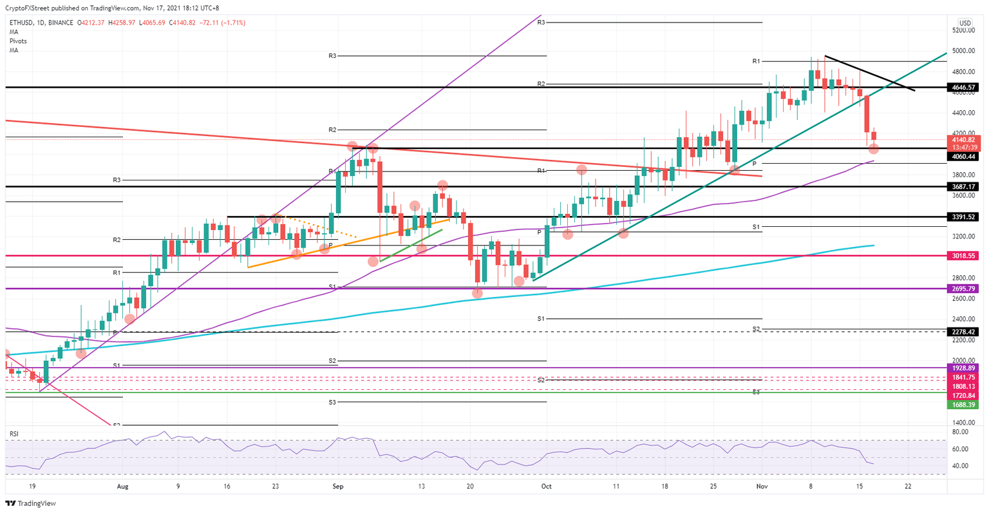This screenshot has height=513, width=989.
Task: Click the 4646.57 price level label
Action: (964, 86)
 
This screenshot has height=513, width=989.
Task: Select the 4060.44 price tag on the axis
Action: (964, 157)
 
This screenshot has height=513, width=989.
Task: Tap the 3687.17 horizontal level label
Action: (964, 186)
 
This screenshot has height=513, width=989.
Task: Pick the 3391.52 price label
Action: (964, 217)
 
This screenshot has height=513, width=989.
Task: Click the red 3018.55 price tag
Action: (964, 256)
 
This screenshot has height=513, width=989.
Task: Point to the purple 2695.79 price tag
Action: (964, 289)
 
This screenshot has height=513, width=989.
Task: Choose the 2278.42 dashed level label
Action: (964, 332)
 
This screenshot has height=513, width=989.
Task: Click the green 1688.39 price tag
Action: (964, 405)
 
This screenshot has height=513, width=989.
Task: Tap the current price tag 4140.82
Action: (964, 139)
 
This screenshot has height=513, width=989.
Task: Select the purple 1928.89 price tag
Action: (964, 368)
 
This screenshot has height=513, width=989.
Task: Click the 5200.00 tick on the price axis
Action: (964, 30)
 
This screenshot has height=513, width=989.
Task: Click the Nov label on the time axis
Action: (761, 487)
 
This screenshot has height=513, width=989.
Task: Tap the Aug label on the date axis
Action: (122, 487)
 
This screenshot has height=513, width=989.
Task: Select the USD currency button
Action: (965, 23)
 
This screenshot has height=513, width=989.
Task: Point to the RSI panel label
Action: (14, 434)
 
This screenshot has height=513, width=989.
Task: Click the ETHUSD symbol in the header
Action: (23, 23)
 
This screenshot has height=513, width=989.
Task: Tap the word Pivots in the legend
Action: (18, 41)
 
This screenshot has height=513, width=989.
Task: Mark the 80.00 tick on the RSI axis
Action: (961, 432)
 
